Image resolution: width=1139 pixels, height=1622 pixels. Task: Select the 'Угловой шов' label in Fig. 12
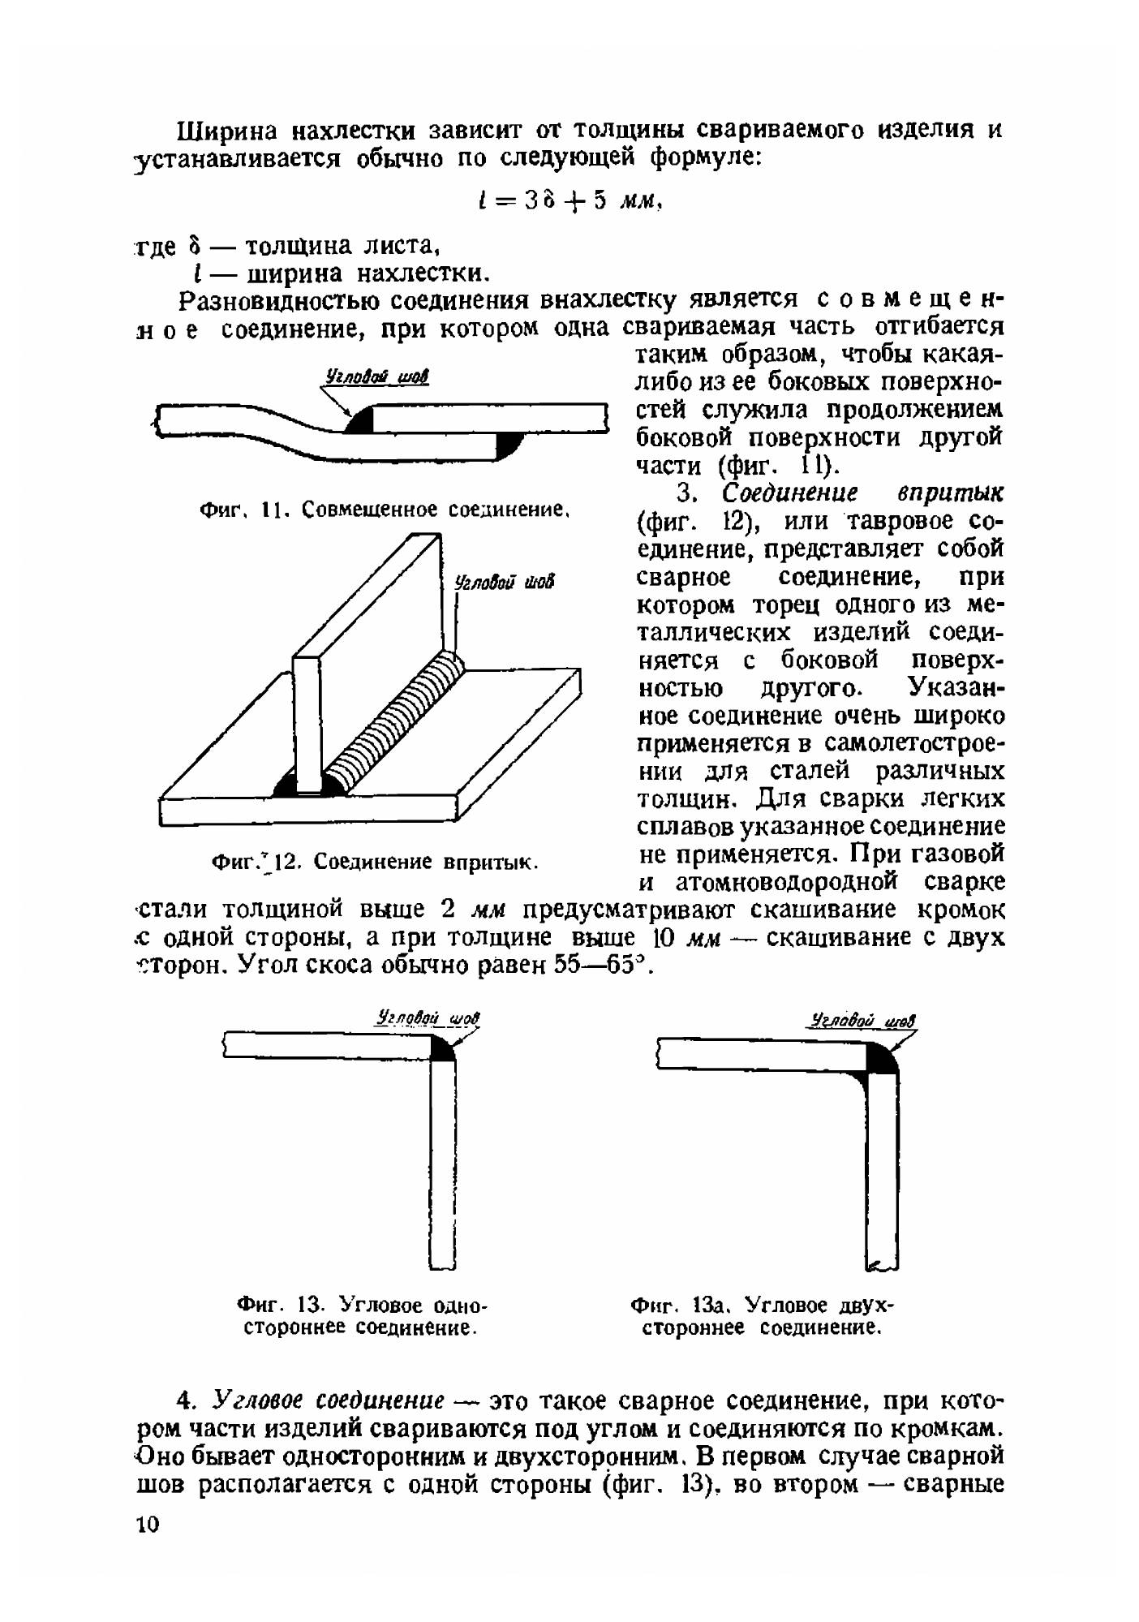[x=505, y=582]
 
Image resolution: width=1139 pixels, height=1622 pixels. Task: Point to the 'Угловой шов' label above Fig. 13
[x=428, y=1018]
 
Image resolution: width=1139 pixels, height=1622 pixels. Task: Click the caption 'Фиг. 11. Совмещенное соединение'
[x=382, y=510]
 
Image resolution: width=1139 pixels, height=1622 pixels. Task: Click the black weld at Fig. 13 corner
[x=442, y=1048]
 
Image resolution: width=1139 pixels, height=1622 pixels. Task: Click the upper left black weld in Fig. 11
[x=358, y=419]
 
